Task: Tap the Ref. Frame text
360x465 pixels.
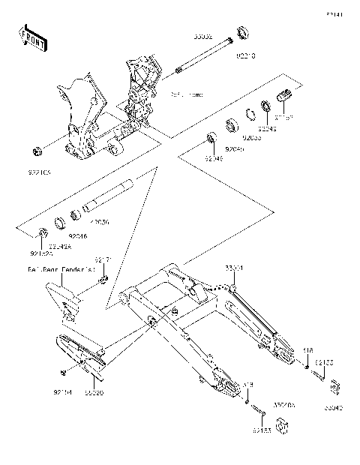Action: pyautogui.click(x=187, y=95)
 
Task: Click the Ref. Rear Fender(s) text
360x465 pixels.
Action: pyautogui.click(x=59, y=268)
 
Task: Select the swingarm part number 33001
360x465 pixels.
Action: pyautogui.click(x=233, y=267)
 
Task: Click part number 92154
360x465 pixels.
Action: pyautogui.click(x=63, y=391)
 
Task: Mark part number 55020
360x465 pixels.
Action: pyautogui.click(x=94, y=391)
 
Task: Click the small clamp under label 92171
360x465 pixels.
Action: pyautogui.click(x=103, y=279)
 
